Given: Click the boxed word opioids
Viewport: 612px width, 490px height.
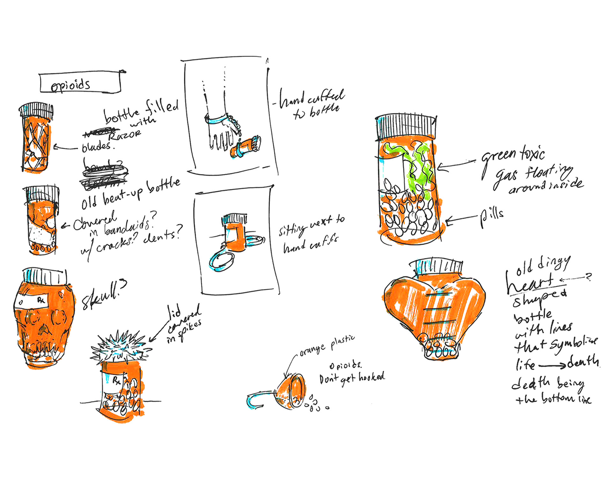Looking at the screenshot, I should pos(71,85).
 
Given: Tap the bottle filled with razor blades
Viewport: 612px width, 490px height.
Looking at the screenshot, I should pos(36,140).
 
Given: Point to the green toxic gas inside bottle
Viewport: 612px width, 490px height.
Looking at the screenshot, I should pos(421,169).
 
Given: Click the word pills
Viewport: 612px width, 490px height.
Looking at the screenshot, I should pos(492,217).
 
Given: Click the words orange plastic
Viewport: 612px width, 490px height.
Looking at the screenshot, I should pos(327,345).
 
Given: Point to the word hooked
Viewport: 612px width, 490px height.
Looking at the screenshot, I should pos(372,377).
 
